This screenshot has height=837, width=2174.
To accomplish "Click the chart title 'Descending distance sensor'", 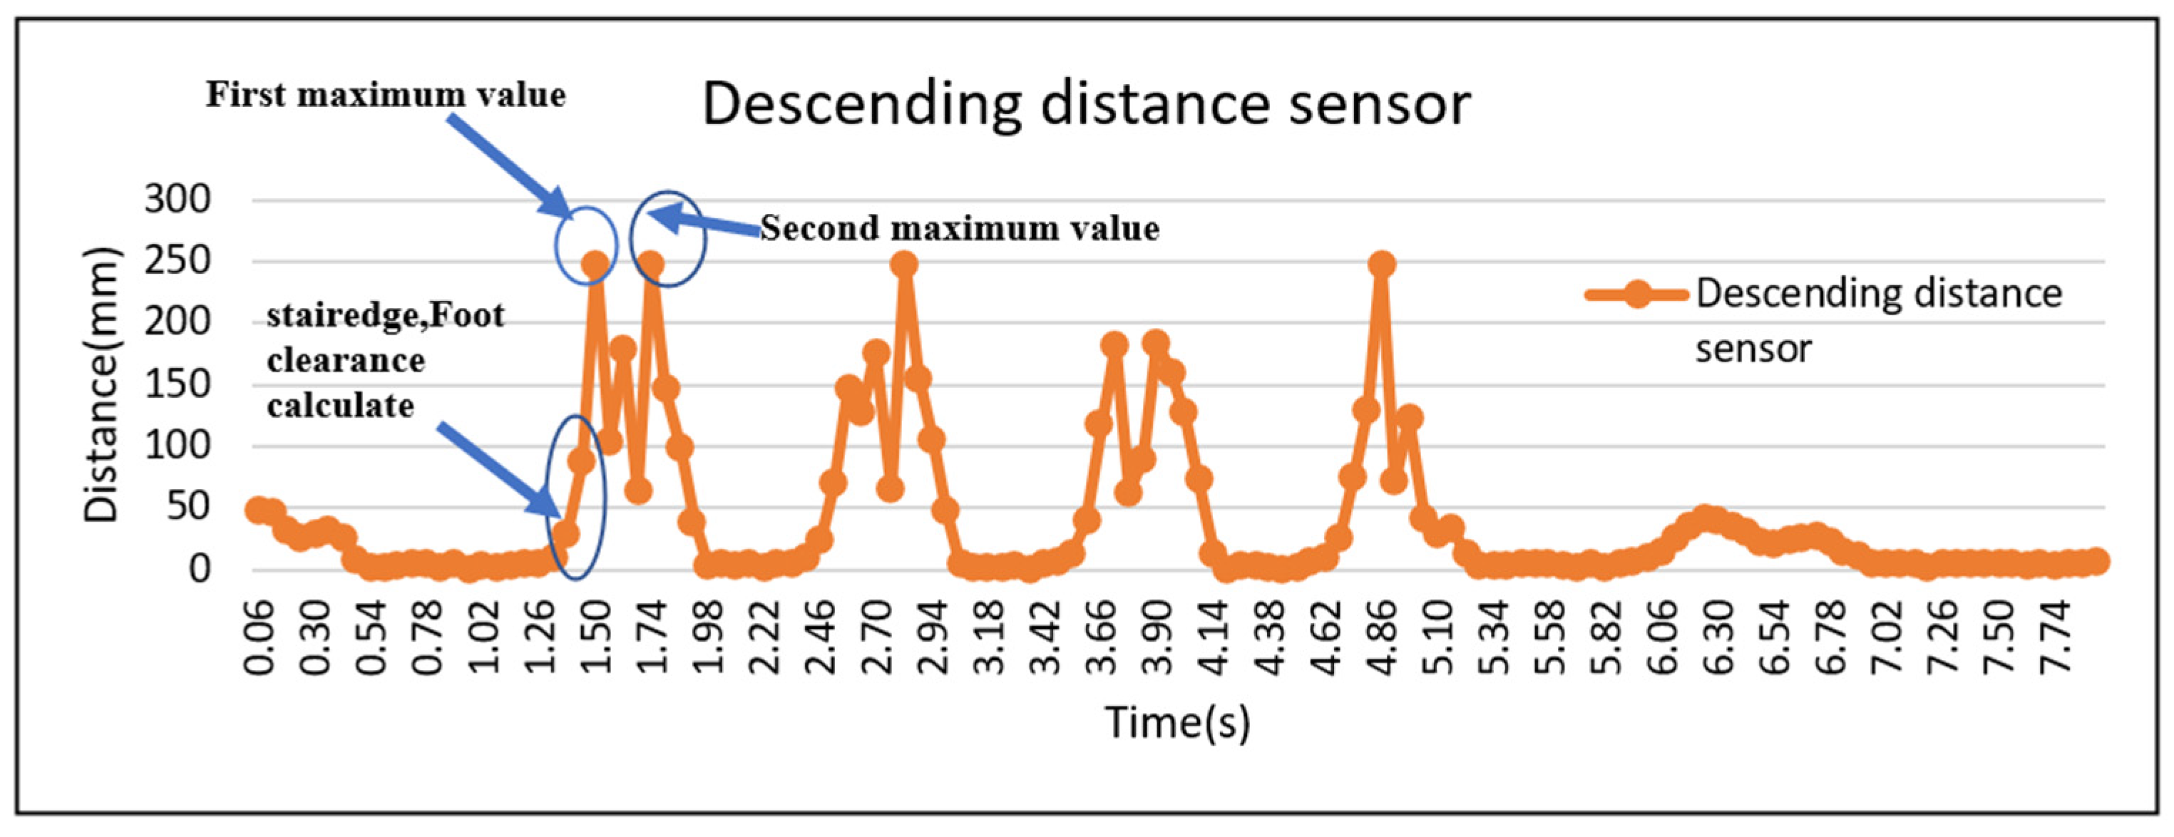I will click(x=1086, y=105).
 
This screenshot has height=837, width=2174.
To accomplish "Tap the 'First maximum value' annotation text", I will click(x=386, y=96).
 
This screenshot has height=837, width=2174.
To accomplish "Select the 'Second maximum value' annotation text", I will click(x=960, y=229).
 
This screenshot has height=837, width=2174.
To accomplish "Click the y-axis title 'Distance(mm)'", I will click(x=102, y=385).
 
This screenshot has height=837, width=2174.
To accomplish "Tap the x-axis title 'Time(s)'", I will click(x=1177, y=722).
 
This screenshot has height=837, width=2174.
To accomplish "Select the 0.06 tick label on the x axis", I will click(x=259, y=639).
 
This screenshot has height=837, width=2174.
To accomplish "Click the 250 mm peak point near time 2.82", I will click(x=904, y=264).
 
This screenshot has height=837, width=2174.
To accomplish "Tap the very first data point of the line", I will click(x=258, y=509).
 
